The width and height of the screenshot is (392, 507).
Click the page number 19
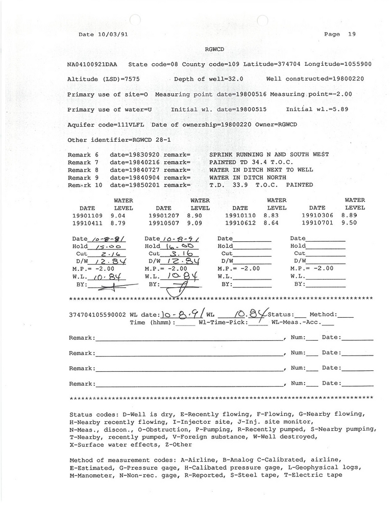click(352, 34)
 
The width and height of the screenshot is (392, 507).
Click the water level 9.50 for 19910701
click(355, 223)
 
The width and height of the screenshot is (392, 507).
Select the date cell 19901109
click(87, 216)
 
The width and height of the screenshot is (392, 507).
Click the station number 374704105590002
click(97, 315)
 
